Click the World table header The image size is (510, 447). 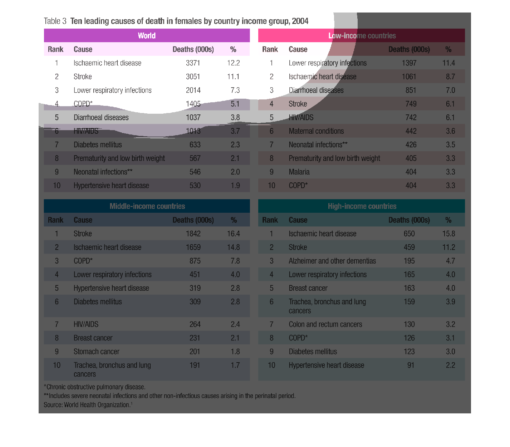pos(147,36)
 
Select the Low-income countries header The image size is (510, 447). pos(362,36)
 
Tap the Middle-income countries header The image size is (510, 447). pos(147,206)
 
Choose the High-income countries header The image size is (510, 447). pos(362,206)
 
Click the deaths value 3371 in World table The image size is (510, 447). pos(193,63)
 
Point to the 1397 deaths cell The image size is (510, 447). pos(409,63)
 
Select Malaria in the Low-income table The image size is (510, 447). pos(299,172)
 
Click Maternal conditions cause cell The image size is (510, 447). pos(316,131)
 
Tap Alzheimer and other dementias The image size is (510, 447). pos(332,261)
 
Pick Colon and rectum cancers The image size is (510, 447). pos(325,324)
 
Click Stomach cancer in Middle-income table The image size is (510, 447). pos(96,352)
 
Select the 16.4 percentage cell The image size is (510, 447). pos(233,234)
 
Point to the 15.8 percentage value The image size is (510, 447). pos(448,234)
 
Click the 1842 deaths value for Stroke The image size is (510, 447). pos(193,234)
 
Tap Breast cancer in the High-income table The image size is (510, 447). pos(308,288)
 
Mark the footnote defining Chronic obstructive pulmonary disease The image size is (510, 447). pos(94,387)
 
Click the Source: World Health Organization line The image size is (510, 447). pos(88,405)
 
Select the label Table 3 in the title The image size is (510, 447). pos(55,21)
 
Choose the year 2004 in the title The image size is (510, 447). pos(300,21)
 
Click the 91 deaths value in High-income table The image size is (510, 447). pos(411,365)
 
